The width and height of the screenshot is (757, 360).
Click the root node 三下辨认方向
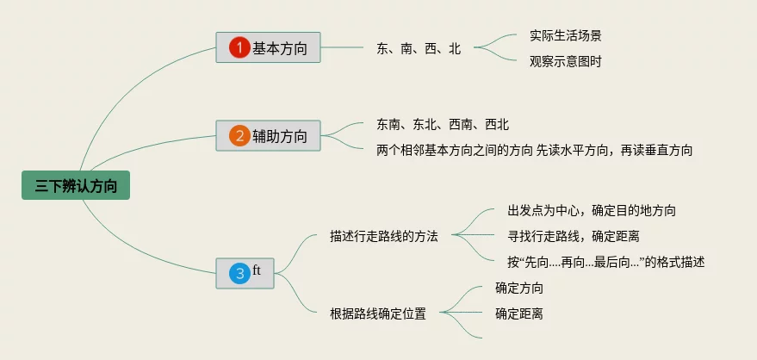pyautogui.click(x=76, y=185)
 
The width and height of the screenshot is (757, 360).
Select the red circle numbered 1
pyautogui.click(x=239, y=47)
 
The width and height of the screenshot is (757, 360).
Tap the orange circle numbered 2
pyautogui.click(x=239, y=135)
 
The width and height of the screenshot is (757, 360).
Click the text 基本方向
pyautogui.click(x=280, y=47)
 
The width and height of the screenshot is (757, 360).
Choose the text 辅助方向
pyautogui.click(x=280, y=135)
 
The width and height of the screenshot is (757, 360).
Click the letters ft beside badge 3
pyautogui.click(x=257, y=270)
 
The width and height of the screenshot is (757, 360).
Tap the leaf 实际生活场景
pyautogui.click(x=566, y=36)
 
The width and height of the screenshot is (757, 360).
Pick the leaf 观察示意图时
pyautogui.click(x=566, y=61)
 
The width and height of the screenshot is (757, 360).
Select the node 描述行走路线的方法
pyautogui.click(x=384, y=236)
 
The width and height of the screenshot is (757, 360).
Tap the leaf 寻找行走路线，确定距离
pyautogui.click(x=573, y=236)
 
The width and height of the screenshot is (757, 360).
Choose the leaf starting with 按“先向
pyautogui.click(x=606, y=262)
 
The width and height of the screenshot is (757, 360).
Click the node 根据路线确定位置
pyautogui.click(x=378, y=313)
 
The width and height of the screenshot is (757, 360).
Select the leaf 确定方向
pyautogui.click(x=519, y=289)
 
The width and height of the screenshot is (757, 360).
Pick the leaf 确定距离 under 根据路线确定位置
pyautogui.click(x=519, y=313)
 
